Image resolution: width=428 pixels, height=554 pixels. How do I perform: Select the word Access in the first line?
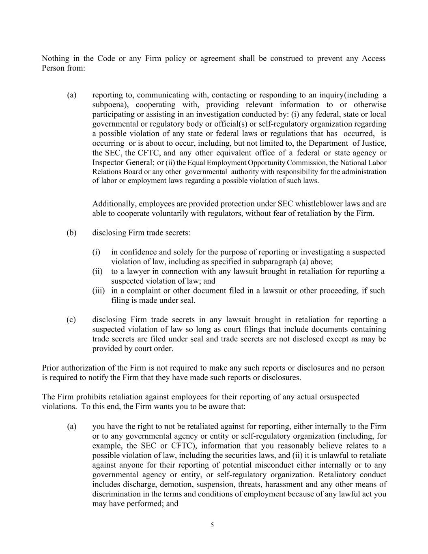pyautogui.click(x=373, y=58)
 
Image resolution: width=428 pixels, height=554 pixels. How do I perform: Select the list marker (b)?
pyautogui.click(x=71, y=233)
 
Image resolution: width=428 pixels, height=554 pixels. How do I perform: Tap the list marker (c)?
pyautogui.click(x=71, y=320)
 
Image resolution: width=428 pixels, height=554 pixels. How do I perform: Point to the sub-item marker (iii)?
pyautogui.click(x=99, y=291)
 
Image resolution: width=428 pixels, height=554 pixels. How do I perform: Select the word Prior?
pyautogui.click(x=51, y=368)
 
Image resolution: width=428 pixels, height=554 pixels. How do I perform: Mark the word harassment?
pyautogui.click(x=284, y=485)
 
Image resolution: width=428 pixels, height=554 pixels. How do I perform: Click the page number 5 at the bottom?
pyautogui.click(x=212, y=525)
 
